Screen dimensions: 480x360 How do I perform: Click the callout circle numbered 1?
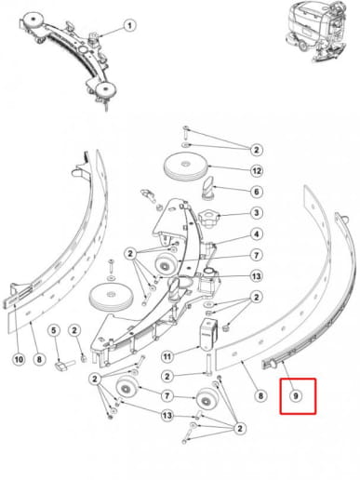[129, 25]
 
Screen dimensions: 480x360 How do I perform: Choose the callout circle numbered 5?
[54, 329]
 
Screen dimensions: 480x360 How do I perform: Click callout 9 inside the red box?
[298, 395]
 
